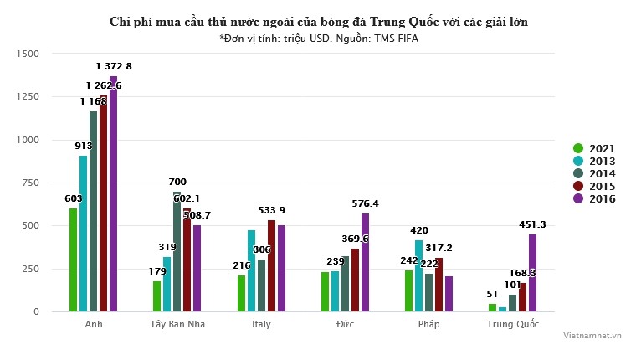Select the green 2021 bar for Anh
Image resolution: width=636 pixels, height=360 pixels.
[74, 260]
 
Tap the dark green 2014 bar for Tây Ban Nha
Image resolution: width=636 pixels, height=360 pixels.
[177, 251]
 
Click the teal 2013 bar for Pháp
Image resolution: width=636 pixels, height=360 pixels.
[418, 275]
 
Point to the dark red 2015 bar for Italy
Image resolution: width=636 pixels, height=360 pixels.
[271, 265]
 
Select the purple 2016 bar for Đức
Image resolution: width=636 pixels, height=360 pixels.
[365, 262]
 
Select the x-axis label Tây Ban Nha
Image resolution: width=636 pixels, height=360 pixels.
[177, 324]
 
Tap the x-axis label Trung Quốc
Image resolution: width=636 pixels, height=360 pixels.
[512, 324]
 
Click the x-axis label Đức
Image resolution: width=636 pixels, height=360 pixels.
[345, 324]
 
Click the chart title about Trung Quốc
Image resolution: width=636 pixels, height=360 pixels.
[318, 21]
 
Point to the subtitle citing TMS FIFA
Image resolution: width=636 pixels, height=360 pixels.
[318, 38]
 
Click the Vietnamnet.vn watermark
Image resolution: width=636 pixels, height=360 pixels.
[592, 335]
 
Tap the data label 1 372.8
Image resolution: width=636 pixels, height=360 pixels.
[114, 66]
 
